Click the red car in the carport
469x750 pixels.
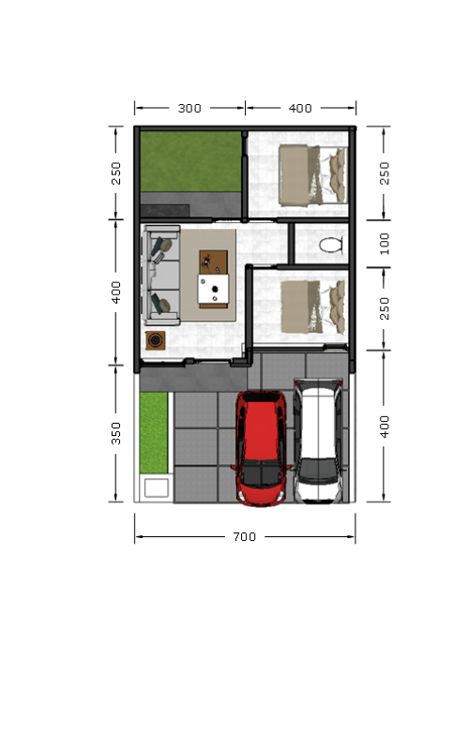[x=261, y=449]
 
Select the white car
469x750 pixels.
[x=318, y=441]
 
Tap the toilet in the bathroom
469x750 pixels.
[x=331, y=245]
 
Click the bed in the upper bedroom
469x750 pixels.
[x=312, y=175]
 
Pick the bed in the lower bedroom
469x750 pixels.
[x=312, y=307]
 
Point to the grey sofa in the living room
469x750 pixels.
[x=161, y=276]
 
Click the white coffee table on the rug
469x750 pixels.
[x=214, y=289]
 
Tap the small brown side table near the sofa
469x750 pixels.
[x=156, y=340]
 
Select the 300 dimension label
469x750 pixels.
[x=189, y=108]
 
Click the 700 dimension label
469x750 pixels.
[x=245, y=536]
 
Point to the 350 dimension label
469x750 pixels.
[x=115, y=433]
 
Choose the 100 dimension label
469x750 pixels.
[x=385, y=244]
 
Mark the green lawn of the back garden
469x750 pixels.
[x=190, y=161]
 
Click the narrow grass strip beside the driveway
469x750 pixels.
[x=154, y=433]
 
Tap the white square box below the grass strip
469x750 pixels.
[x=156, y=487]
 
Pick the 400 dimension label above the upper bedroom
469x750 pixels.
[x=300, y=108]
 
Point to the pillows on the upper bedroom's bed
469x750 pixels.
[x=338, y=175]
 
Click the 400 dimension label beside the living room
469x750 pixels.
[x=115, y=292]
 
